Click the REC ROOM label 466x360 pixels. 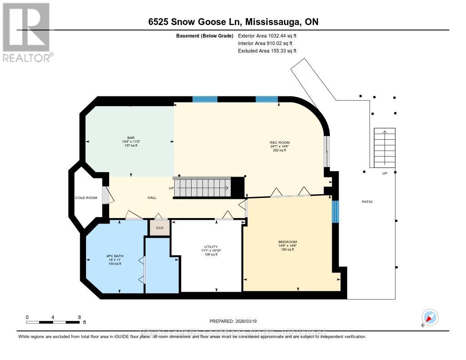coord(279,142)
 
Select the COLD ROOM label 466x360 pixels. coord(86,198)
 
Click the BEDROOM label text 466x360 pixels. coord(287,242)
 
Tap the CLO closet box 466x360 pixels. coord(160,228)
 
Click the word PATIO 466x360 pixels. coord(367,202)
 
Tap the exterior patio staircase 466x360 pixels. coord(385,148)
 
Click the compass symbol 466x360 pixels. coord(430,317)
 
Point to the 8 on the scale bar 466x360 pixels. coord(79,317)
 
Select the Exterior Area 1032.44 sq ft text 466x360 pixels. coord(267,35)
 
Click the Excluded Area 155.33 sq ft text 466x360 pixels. coord(267,51)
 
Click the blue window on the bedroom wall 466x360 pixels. coord(335,212)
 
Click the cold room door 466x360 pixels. coord(106,195)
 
